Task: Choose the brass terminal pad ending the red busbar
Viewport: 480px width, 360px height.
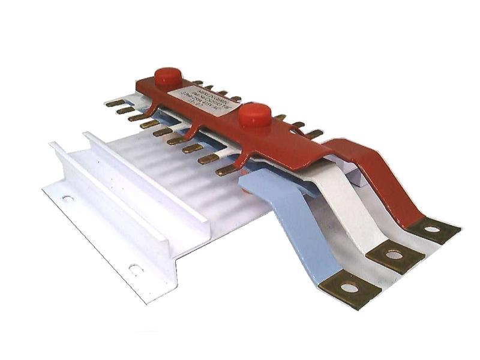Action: tap(432, 229)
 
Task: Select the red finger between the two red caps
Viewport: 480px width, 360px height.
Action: tap(192, 133)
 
